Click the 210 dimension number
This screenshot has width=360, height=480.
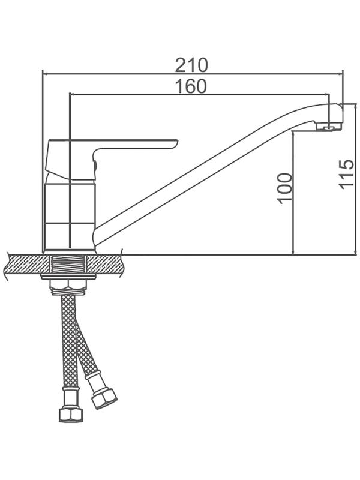tap(191, 65)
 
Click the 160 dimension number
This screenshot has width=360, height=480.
tap(191, 86)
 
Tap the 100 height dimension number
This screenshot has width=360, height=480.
tap(284, 188)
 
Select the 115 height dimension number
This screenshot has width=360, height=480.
tap(346, 174)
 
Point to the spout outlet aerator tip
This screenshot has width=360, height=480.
tap(329, 127)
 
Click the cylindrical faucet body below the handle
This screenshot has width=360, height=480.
tap(69, 216)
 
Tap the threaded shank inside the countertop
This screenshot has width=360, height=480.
tap(68, 265)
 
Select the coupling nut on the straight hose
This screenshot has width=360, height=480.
tap(71, 413)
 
